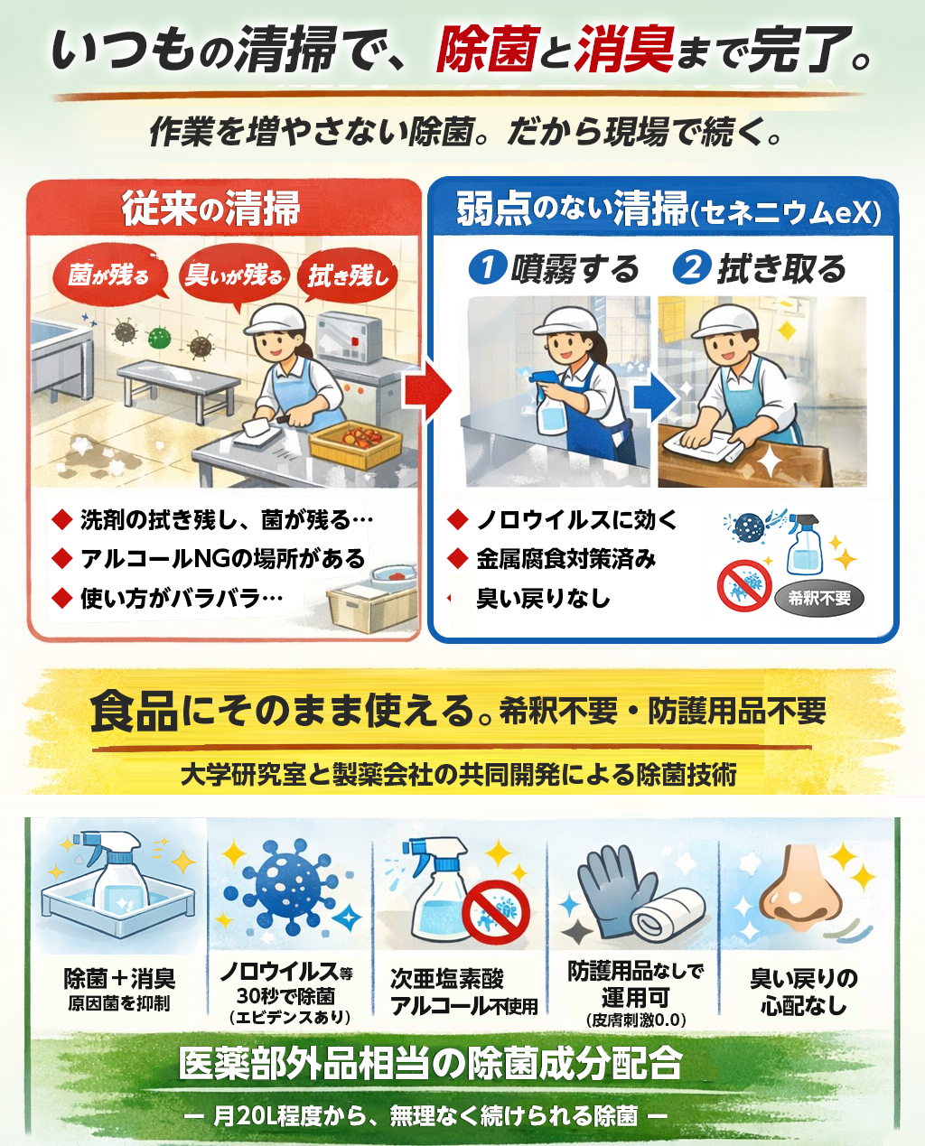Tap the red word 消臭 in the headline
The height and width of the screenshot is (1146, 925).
pyautogui.click(x=624, y=49)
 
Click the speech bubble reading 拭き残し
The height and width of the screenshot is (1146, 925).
pyautogui.click(x=350, y=275)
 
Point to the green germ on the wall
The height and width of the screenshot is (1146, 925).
pyautogui.click(x=159, y=338)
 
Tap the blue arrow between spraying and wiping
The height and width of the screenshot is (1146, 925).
pyautogui.click(x=654, y=397)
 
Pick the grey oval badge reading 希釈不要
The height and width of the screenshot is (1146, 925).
pyautogui.click(x=819, y=598)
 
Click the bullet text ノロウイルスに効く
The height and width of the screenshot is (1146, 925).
pyautogui.click(x=576, y=519)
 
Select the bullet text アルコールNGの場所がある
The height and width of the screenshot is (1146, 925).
pyautogui.click(x=223, y=559)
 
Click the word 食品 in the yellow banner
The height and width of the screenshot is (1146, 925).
pyautogui.click(x=134, y=712)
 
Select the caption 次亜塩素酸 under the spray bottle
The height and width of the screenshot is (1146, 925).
pyautogui.click(x=446, y=978)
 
